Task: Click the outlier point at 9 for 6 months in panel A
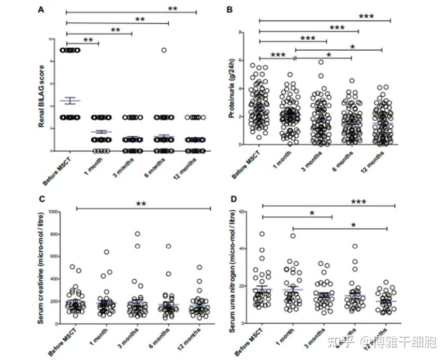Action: [164, 50]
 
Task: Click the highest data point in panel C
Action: [138, 234]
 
